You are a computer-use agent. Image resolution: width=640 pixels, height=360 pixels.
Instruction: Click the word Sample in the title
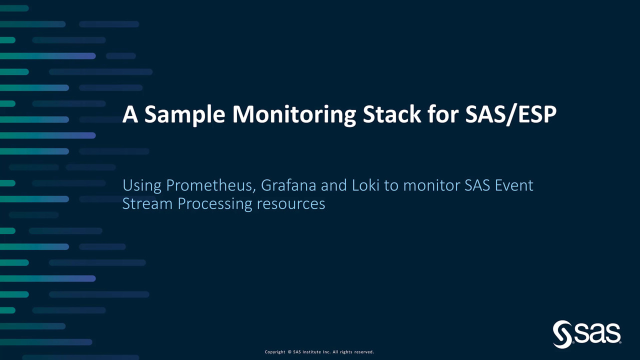tap(184, 114)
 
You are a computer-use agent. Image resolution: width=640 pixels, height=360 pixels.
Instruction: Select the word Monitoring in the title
tap(294, 114)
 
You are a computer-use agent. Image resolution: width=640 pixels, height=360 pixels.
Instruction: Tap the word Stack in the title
tap(391, 114)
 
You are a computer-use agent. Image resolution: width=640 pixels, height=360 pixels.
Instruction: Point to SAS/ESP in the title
tap(511, 114)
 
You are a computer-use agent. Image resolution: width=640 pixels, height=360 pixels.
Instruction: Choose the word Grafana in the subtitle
tap(288, 185)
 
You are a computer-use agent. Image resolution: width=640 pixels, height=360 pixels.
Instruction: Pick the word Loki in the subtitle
tap(365, 185)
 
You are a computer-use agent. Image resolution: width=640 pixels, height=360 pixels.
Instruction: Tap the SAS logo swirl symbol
tap(562, 334)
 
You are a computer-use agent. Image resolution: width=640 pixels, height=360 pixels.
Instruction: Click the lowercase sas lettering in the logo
tap(597, 333)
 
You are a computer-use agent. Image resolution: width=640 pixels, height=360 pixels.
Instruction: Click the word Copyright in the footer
tap(275, 352)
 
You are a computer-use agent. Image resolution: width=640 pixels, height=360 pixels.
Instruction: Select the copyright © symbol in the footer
tap(289, 352)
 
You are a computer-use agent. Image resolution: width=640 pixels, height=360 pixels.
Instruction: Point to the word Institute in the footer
tap(311, 352)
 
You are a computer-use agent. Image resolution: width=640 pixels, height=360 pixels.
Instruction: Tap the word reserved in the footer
tap(363, 352)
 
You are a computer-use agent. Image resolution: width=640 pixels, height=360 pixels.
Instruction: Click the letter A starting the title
tap(130, 114)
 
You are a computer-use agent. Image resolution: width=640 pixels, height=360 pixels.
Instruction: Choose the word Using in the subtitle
tap(142, 186)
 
